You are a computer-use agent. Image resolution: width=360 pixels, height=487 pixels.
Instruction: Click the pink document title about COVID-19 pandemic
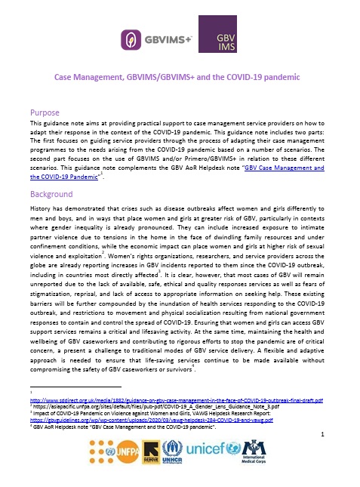180,77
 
